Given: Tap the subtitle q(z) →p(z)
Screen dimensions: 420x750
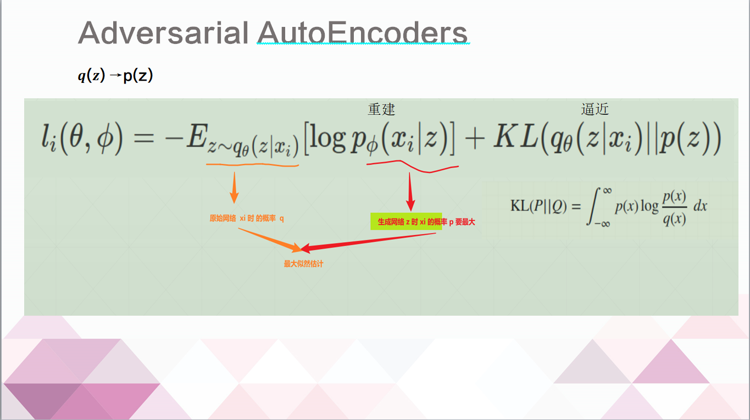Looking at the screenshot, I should (115, 76).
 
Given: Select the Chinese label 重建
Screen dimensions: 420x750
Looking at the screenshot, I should (381, 109).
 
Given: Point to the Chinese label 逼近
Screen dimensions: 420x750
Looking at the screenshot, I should (595, 109).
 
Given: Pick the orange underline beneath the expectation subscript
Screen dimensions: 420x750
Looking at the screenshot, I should (253, 164).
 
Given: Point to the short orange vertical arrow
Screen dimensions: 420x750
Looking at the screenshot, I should (234, 187).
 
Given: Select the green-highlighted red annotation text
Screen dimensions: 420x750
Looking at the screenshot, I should (407, 222).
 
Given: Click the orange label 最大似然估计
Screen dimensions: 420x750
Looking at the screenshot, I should (303, 264).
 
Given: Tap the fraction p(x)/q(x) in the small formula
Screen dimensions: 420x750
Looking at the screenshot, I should (675, 206).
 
